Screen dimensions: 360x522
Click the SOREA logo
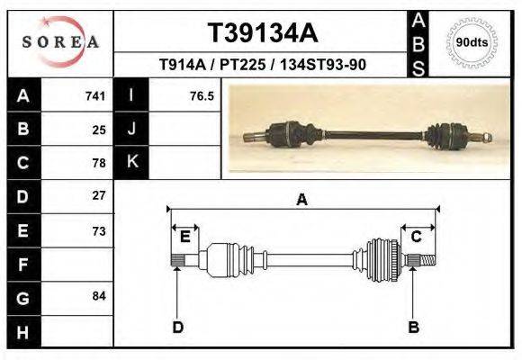[x=60, y=42]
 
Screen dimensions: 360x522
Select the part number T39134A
[x=263, y=33]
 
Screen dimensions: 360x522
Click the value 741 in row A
[x=95, y=95]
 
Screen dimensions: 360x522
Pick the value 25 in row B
[x=99, y=129]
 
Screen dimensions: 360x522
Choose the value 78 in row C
[x=99, y=163]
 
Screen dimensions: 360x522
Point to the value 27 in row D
[x=99, y=195]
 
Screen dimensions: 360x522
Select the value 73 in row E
[x=99, y=230]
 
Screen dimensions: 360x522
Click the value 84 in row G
[x=99, y=296]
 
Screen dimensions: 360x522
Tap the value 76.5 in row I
[x=202, y=95]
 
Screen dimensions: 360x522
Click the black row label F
[x=22, y=264]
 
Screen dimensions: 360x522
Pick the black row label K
[x=131, y=163]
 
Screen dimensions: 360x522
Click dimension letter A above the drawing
[x=301, y=200]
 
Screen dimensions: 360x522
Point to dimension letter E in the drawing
[x=184, y=237]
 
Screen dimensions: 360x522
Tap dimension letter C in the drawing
[x=417, y=237]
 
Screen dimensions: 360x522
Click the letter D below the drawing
[x=177, y=327]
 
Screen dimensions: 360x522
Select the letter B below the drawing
[x=414, y=327]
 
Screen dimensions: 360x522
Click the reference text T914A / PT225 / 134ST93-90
[x=262, y=65]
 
